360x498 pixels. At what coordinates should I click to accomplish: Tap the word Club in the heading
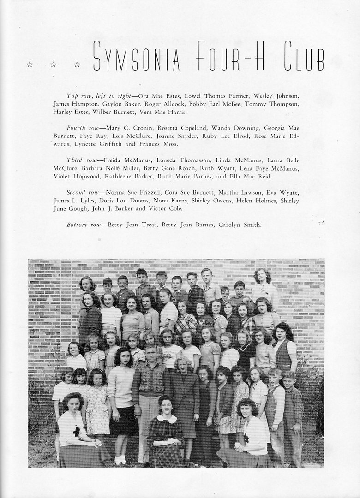point(303,56)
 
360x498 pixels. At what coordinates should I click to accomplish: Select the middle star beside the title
point(53,65)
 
